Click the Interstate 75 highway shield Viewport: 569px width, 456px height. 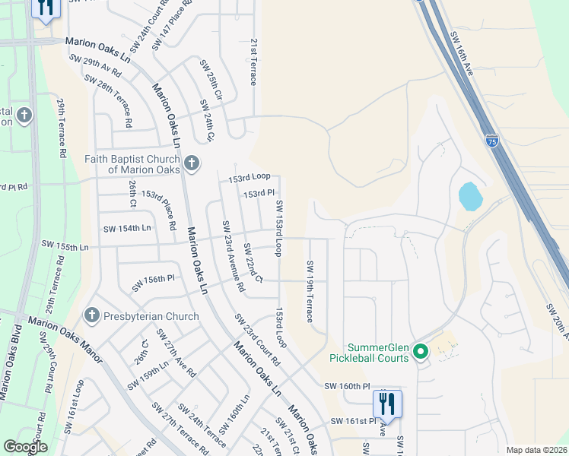tap(493, 140)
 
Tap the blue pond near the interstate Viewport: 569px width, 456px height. tap(469, 197)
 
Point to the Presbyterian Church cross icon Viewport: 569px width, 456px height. tap(91, 315)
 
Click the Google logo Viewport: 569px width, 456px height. tap(25, 447)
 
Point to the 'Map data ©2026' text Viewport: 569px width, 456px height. tap(536, 450)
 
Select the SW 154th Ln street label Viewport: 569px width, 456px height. tap(127, 228)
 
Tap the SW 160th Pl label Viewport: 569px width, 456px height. tap(350, 386)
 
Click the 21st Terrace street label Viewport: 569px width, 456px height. tap(254, 62)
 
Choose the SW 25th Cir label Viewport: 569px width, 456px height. tap(211, 81)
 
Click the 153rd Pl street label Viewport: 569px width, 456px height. tap(259, 194)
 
